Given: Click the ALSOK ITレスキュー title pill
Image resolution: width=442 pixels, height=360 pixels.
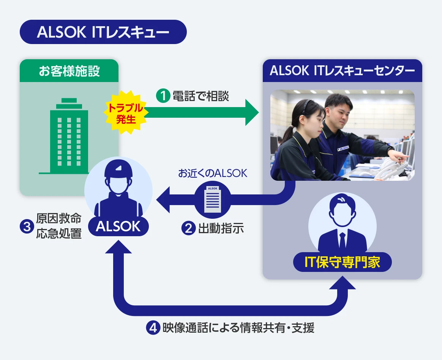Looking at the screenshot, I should pyautogui.click(x=103, y=32).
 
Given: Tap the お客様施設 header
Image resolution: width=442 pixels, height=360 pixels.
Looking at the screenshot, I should pyautogui.click(x=69, y=71).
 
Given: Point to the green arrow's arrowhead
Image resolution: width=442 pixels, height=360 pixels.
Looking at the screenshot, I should pyautogui.click(x=252, y=112).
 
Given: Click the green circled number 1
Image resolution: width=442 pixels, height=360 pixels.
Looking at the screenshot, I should pyautogui.click(x=163, y=96).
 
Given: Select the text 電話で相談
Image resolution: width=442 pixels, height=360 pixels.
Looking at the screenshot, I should pyautogui.click(x=201, y=96).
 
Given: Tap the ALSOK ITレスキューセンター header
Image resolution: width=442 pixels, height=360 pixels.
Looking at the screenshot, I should pyautogui.click(x=342, y=71).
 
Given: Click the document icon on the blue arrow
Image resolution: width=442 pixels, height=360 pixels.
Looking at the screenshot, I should pyautogui.click(x=212, y=199).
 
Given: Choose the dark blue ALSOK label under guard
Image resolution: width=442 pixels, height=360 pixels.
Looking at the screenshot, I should pyautogui.click(x=118, y=227).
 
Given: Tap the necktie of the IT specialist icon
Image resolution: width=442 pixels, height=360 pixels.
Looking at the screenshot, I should pyautogui.click(x=343, y=240).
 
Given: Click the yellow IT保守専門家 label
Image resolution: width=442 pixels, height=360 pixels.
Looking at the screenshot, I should pyautogui.click(x=342, y=262).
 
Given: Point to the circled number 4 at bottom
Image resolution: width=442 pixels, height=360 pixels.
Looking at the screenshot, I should pyautogui.click(x=153, y=328).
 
